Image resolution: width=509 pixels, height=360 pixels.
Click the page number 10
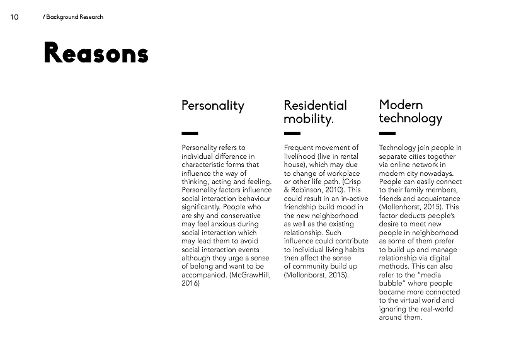click(x=14, y=17)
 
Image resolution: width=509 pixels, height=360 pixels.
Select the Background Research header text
click(x=73, y=17)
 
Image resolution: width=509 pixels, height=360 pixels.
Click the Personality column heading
click(x=212, y=105)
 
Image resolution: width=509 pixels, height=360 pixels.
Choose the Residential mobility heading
click(x=315, y=112)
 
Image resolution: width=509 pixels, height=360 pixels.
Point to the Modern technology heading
click(x=410, y=111)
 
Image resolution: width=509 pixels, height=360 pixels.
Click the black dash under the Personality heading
click(x=189, y=133)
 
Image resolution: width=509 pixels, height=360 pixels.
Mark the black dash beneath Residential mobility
click(x=292, y=133)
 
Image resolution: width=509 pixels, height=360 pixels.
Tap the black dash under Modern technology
click(x=387, y=133)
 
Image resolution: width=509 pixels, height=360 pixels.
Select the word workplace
click(x=341, y=173)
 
